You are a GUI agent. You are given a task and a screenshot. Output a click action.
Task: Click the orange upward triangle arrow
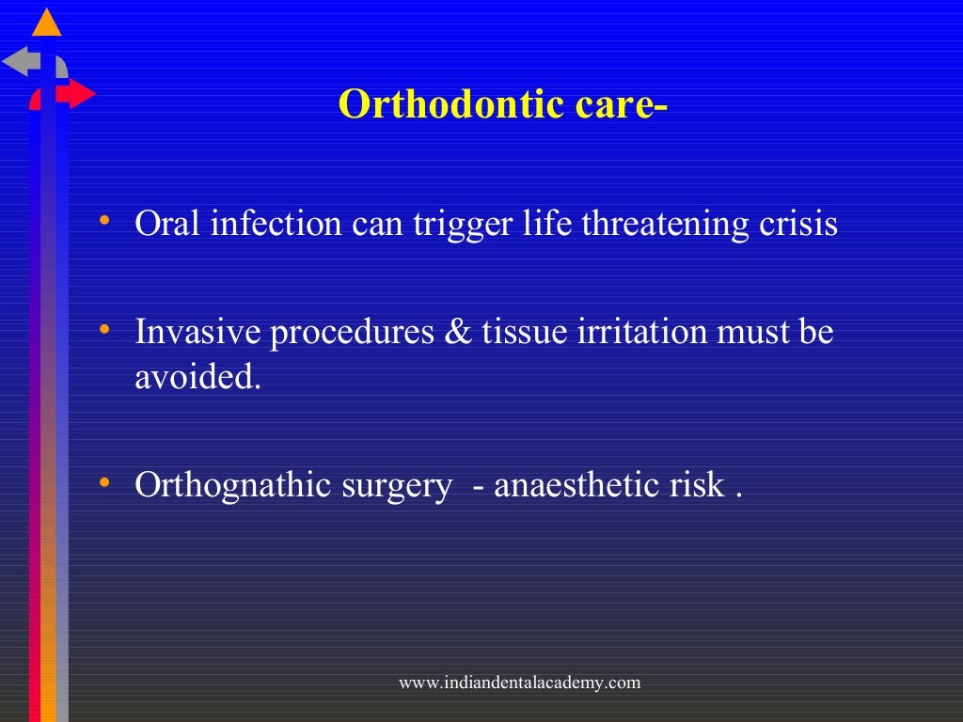[46, 23]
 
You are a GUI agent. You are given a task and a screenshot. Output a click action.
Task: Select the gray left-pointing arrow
[21, 62]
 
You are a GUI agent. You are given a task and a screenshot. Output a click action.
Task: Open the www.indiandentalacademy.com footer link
[519, 683]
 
